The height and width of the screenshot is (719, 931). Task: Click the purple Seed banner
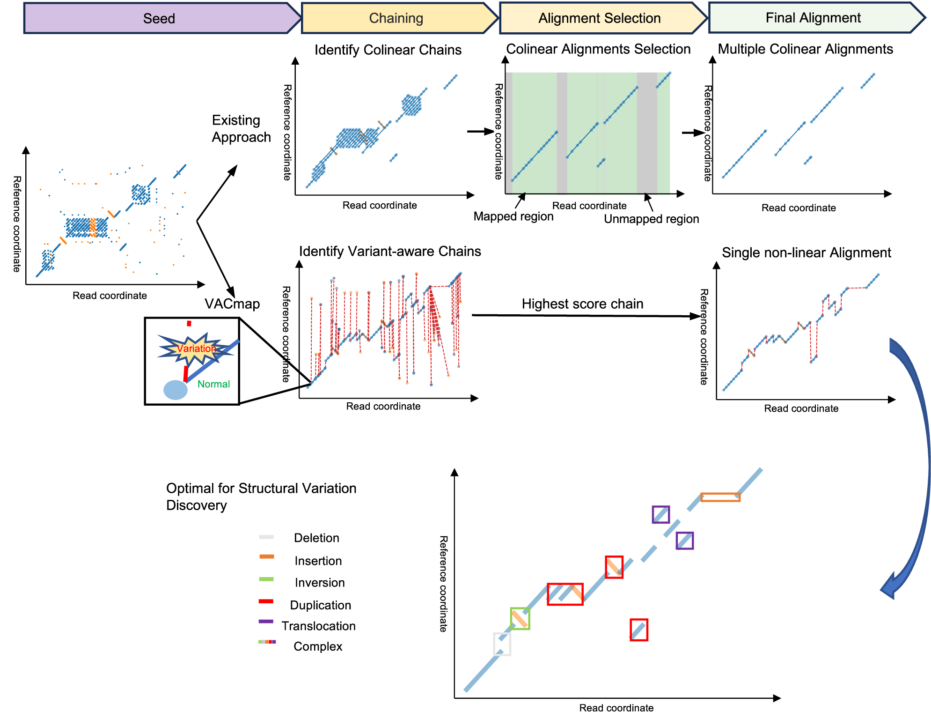coord(159,18)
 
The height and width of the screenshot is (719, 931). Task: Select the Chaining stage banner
coord(396,18)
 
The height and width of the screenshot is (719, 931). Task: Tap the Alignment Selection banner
coord(600,18)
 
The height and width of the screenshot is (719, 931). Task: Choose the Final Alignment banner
coord(813,18)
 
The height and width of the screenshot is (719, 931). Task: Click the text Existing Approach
coord(241,128)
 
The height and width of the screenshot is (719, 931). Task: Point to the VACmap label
coord(232,304)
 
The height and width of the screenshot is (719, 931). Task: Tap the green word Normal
coord(213,384)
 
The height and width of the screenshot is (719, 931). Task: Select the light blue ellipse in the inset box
coord(176,390)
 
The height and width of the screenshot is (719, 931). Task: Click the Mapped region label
coord(513,216)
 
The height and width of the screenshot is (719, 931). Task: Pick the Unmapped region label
coord(651,219)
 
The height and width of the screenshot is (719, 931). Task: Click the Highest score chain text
coord(582,304)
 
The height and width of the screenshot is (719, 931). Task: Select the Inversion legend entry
coord(319,583)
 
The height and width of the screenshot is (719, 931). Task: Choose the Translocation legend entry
coord(318,626)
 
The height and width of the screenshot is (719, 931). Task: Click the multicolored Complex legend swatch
coord(267,642)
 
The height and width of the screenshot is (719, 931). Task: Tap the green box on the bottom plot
coord(520,618)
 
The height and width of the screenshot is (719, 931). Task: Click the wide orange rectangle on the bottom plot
coord(720,497)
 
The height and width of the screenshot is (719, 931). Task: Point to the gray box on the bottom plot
coord(502,644)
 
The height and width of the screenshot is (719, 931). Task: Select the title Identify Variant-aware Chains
coord(390,252)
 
